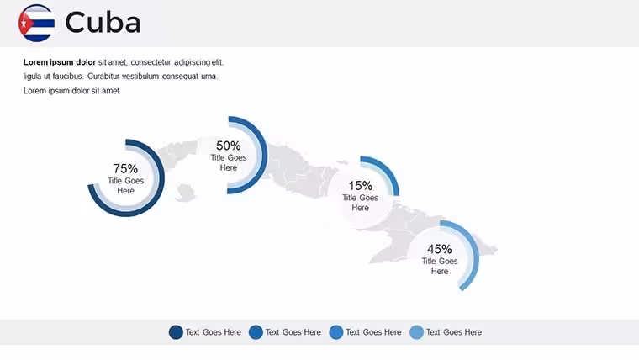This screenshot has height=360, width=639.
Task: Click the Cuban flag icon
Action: pyautogui.click(x=37, y=23)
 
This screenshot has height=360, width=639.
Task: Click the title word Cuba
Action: pyautogui.click(x=103, y=23)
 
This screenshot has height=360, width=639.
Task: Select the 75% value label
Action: pyautogui.click(x=125, y=168)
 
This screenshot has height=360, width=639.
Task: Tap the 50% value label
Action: pyautogui.click(x=228, y=146)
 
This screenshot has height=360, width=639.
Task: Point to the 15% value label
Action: pyautogui.click(x=360, y=186)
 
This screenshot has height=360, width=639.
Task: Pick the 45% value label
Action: pyautogui.click(x=439, y=249)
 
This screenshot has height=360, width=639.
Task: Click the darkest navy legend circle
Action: pyautogui.click(x=176, y=332)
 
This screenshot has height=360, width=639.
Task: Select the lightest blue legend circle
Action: pyautogui.click(x=416, y=332)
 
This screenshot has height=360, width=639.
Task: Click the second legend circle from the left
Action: pyautogui.click(x=256, y=332)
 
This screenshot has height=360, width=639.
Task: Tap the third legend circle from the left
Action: pyautogui.click(x=336, y=332)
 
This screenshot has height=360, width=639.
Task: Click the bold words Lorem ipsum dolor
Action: pyautogui.click(x=60, y=62)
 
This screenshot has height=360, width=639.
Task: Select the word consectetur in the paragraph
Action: pyautogui.click(x=151, y=62)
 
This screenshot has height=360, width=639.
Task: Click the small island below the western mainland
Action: pyautogui.click(x=186, y=193)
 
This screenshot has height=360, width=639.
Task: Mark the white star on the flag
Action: pyautogui.click(x=24, y=24)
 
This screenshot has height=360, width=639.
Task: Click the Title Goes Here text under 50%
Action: pyautogui.click(x=228, y=162)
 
